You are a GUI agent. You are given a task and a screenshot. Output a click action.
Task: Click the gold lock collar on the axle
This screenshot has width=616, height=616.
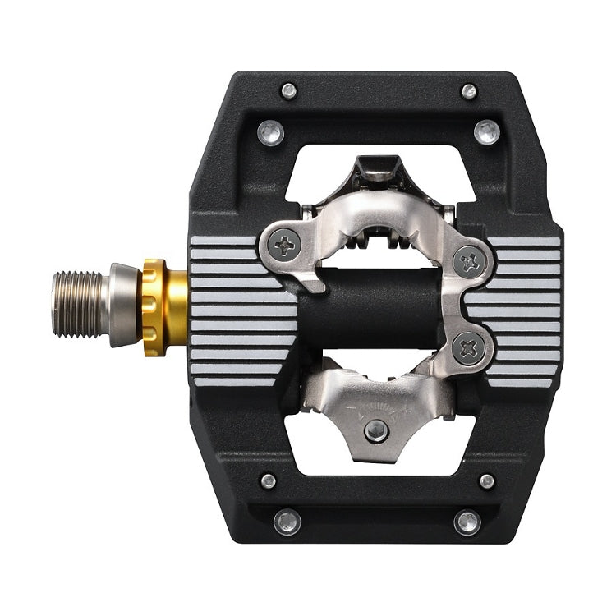click(154, 307)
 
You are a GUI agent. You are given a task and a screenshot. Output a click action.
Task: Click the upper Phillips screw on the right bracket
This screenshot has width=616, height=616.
click(470, 262)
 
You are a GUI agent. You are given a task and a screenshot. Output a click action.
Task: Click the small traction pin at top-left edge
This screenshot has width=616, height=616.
click(288, 90)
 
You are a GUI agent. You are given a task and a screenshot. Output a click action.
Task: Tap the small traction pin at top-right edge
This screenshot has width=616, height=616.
click(469, 90)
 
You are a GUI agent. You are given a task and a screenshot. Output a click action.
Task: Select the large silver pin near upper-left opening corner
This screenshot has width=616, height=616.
click(269, 131)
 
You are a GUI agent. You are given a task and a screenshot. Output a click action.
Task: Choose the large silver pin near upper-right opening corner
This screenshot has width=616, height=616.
click(487, 131)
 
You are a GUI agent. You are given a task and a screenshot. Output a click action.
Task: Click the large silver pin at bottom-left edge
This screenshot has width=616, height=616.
click(287, 522)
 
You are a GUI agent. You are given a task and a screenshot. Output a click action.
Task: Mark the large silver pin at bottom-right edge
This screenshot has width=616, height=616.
click(467, 522)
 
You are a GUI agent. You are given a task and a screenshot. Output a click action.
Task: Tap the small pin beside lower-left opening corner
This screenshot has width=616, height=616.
click(268, 481)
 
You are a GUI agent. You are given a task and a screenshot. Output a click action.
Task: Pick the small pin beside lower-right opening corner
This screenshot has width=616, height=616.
click(487, 481)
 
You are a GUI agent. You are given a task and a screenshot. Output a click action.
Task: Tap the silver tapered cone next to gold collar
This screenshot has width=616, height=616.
click(123, 306)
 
